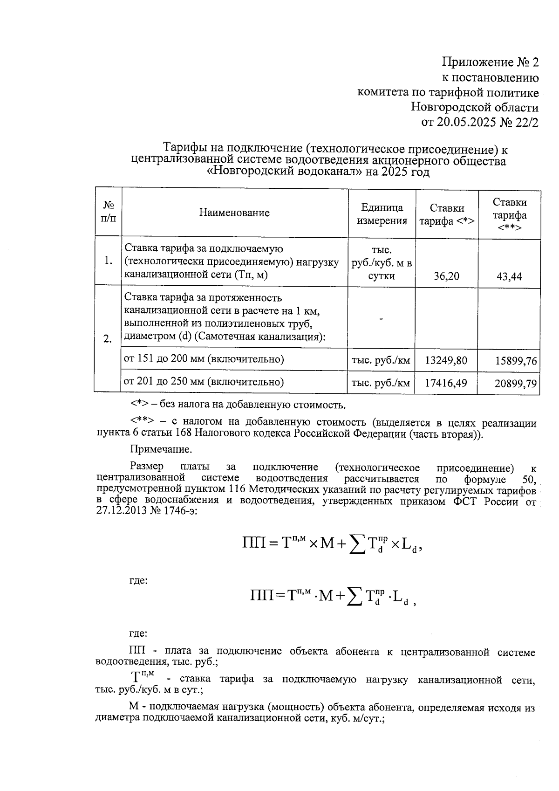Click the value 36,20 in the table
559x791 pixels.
[x=446, y=276]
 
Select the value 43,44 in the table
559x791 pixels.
[x=509, y=277]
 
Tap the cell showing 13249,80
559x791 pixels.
[x=446, y=360]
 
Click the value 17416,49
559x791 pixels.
[x=446, y=383]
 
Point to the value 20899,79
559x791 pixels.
[x=516, y=384]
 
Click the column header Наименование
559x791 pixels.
[x=234, y=213]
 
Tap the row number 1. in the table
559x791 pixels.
[x=108, y=261]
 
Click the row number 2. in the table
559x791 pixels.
[x=108, y=339]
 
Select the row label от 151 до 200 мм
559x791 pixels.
[x=204, y=359]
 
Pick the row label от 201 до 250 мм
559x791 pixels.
[x=204, y=382]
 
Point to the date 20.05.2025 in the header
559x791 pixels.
[x=469, y=123]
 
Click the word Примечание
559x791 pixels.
[x=161, y=450]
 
